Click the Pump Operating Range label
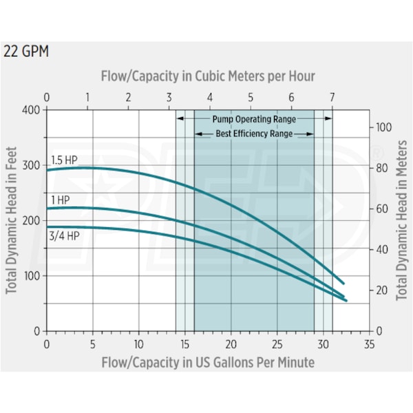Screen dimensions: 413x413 point(254,118)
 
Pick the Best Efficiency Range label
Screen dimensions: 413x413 point(254,133)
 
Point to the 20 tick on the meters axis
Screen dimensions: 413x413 point(381,290)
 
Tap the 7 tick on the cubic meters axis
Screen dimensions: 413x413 point(332,97)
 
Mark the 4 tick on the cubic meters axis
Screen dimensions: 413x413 point(210,97)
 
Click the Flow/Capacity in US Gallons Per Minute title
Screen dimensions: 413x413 point(208,361)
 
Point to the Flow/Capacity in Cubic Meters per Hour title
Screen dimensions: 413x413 point(208,76)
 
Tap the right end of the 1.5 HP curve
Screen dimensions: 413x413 point(343,283)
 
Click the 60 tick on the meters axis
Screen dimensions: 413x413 point(381,209)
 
